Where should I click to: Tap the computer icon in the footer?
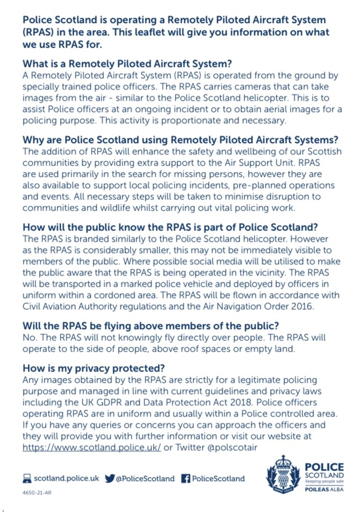point(27,478)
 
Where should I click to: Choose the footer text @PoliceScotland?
point(145,478)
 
